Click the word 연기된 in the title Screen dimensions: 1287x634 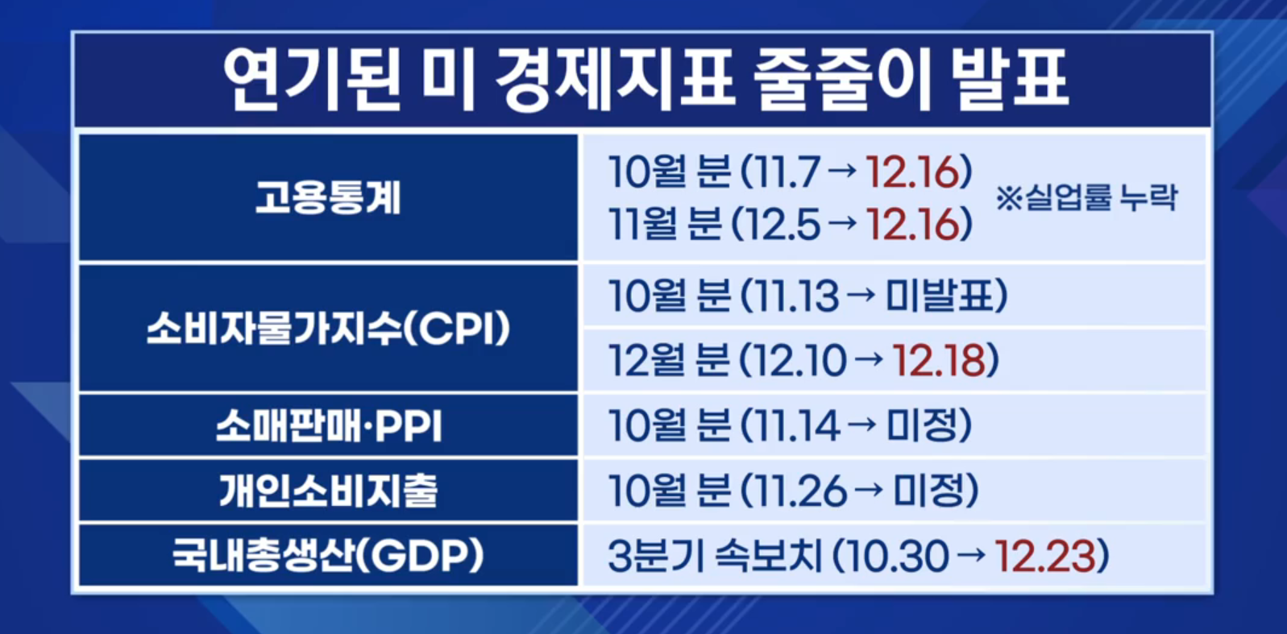pyautogui.click(x=312, y=79)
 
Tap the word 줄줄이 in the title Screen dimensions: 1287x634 pyautogui.click(x=841, y=79)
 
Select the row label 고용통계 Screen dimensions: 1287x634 pyautogui.click(x=328, y=197)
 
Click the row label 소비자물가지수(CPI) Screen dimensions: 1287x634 pyautogui.click(x=328, y=329)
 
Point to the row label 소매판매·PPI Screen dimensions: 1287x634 pyautogui.click(x=329, y=427)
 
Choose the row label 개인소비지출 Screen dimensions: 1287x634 pyautogui.click(x=328, y=491)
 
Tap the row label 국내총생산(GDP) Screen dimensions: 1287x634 pyautogui.click(x=328, y=555)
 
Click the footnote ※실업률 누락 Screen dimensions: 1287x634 pyautogui.click(x=1086, y=197)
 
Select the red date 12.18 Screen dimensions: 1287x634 pyautogui.click(x=939, y=361)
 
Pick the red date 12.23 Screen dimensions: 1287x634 pyautogui.click(x=1045, y=556)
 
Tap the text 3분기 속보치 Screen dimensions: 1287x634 pyautogui.click(x=715, y=556)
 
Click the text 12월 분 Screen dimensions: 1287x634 pyautogui.click(x=669, y=361)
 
